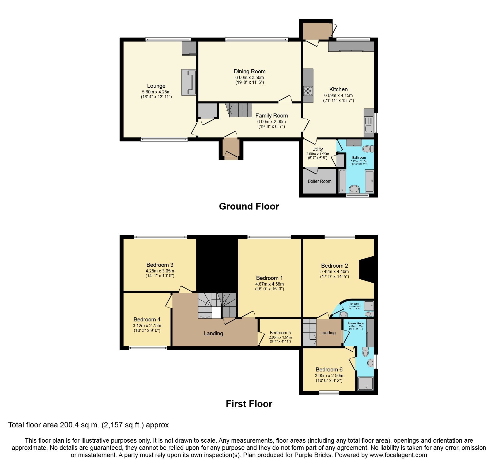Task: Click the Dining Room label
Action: click(x=250, y=71)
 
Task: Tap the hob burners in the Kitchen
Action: click(x=308, y=91)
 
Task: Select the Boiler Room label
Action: click(x=319, y=181)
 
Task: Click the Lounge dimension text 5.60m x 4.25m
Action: click(x=156, y=92)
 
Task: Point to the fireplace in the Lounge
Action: click(x=189, y=82)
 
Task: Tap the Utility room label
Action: click(x=318, y=149)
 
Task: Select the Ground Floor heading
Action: click(x=249, y=206)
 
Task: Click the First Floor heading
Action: click(x=249, y=404)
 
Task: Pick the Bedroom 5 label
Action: click(x=280, y=333)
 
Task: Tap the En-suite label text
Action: click(x=354, y=304)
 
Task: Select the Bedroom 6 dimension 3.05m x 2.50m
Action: click(x=329, y=375)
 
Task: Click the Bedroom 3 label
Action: click(x=160, y=265)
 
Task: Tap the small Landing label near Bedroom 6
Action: click(x=328, y=333)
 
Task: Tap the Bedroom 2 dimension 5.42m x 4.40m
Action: click(x=334, y=271)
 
